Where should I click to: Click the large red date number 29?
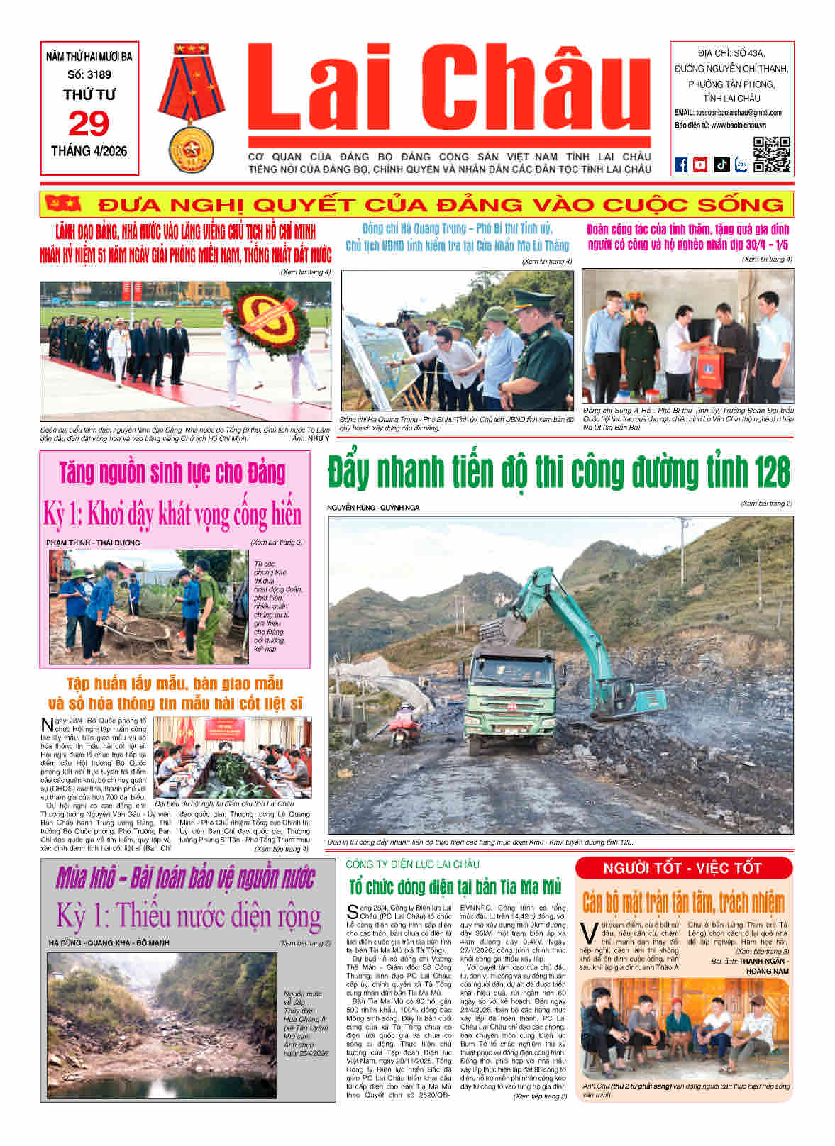(x=89, y=124)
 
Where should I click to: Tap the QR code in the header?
(x=771, y=154)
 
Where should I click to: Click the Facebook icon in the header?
(x=681, y=164)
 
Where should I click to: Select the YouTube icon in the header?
(x=700, y=164)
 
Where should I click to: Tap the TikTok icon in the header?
(x=721, y=164)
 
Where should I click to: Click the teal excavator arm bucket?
(x=497, y=628)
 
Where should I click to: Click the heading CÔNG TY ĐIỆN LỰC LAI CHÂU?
(x=413, y=864)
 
